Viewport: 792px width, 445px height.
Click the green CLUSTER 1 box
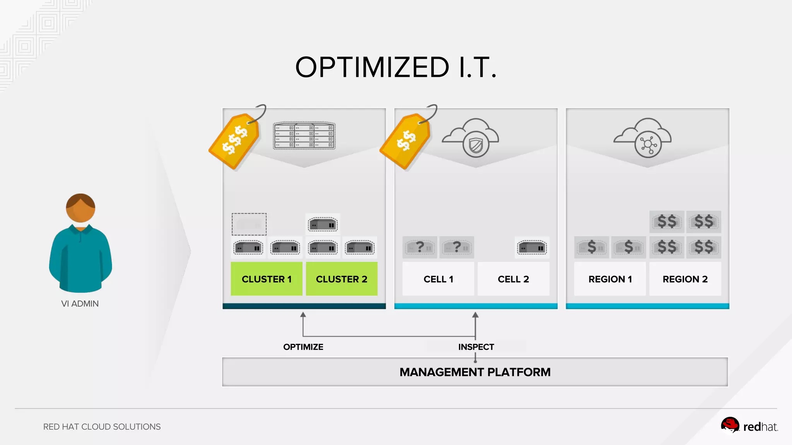click(266, 279)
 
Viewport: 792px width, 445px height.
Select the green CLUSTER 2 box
click(341, 279)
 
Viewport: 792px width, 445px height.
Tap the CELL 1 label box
click(438, 279)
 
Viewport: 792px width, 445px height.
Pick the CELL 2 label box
click(513, 279)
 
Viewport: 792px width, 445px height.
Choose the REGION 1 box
click(610, 279)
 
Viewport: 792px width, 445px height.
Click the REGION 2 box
click(685, 279)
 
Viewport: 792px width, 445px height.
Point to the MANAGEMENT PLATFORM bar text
click(475, 372)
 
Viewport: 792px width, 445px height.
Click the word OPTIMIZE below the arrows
click(303, 347)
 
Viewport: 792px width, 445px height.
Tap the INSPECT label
click(476, 347)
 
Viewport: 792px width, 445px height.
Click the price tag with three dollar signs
click(235, 141)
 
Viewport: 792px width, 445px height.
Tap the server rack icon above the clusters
click(304, 136)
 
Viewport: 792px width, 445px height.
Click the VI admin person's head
click(80, 208)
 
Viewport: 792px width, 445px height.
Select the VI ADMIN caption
click(80, 304)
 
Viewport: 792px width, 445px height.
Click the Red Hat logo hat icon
click(730, 425)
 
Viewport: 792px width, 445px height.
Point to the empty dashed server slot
click(249, 224)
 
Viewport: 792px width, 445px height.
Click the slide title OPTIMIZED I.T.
click(396, 67)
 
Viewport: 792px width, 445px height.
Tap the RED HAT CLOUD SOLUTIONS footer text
click(102, 427)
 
